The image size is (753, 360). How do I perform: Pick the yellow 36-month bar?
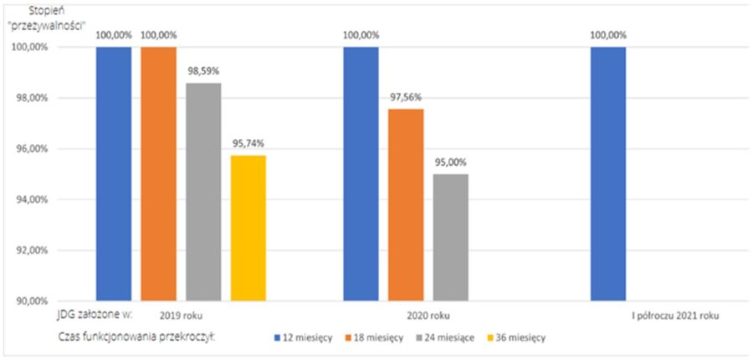tap(248, 227)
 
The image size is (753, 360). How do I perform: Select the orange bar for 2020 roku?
tap(406, 204)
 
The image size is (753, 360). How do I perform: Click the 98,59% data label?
tap(204, 71)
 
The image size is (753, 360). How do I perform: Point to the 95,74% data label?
tap(248, 143)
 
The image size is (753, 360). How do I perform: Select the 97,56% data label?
tap(406, 97)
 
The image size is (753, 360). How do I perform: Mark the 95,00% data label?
tap(451, 162)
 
